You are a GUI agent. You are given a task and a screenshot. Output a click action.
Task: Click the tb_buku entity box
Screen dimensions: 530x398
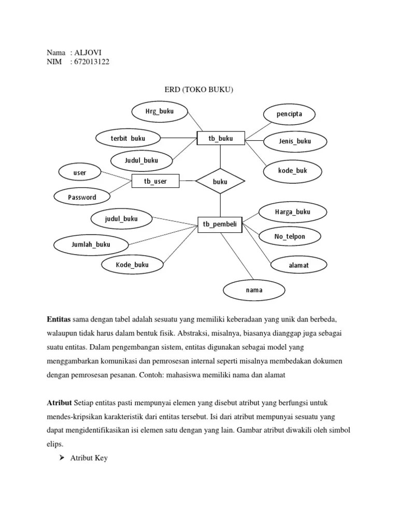pos(220,138)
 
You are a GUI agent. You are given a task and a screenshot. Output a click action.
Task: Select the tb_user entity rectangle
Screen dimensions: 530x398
pos(155,181)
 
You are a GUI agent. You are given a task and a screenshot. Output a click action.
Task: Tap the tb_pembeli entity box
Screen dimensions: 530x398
pos(220,224)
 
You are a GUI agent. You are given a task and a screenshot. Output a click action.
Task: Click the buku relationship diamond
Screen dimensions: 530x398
pos(220,181)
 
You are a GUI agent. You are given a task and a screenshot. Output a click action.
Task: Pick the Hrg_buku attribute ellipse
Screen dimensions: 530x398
pos(159,111)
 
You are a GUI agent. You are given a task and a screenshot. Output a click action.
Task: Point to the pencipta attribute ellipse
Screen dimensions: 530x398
pos(289,113)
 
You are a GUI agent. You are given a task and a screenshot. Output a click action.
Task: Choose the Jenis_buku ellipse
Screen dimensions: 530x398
pos(295,141)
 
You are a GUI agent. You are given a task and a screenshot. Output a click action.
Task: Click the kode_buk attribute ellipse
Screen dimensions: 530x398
pos(293,170)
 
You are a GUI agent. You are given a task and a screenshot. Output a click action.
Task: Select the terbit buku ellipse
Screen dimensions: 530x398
pos(127,138)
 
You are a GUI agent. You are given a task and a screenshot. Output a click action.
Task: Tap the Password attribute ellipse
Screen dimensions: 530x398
pos(82,197)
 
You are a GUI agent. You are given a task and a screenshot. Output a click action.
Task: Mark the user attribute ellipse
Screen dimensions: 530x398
pos(80,172)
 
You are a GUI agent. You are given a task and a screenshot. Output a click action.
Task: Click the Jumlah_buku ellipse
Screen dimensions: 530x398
pos(91,244)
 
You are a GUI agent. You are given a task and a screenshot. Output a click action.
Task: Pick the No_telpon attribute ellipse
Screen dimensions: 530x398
pos(290,237)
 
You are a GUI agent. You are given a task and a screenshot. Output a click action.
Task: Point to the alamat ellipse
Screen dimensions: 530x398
pos(299,265)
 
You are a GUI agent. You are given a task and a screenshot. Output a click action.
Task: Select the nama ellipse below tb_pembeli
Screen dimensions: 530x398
pos(254,290)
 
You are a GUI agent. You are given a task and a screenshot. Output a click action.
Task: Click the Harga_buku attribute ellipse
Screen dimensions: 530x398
pos(293,212)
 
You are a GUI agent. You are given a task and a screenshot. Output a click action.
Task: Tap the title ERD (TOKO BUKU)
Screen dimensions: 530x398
pos(199,90)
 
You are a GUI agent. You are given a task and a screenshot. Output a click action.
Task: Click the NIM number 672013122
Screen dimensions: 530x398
pos(91,62)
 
